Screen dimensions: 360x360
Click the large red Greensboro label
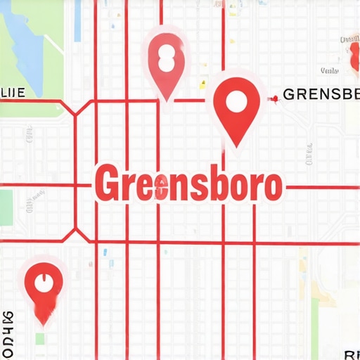188,184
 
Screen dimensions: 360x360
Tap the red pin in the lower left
44,290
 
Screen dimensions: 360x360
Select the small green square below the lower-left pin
40,339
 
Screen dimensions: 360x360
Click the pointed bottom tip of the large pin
237,146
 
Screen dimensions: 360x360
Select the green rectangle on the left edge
6,208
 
